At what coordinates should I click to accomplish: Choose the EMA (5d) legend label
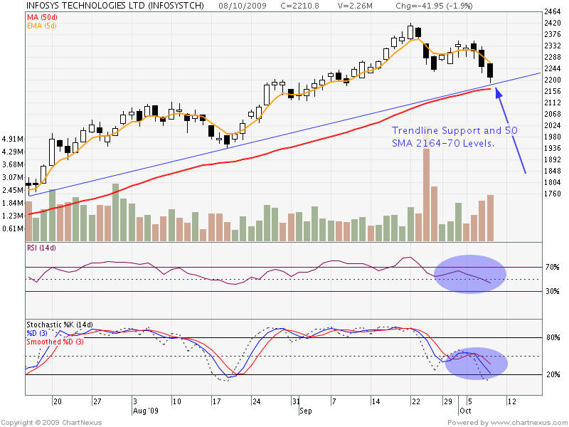42,26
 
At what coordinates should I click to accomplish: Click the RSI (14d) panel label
41,248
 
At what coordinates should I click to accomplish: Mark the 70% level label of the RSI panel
552,268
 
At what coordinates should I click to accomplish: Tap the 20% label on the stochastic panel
552,375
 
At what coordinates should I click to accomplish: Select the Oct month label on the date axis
465,411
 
